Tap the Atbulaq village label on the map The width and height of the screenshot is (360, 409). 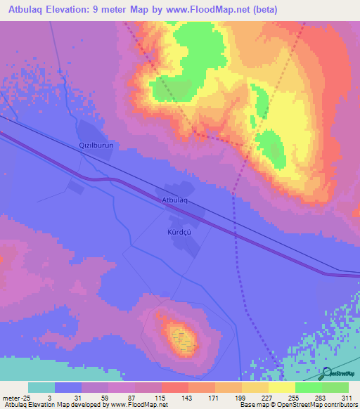click(175, 201)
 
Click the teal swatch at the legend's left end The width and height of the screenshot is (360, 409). click(41, 387)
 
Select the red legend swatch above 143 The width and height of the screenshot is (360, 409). click(175, 387)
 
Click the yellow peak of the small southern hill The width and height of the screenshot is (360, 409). click(182, 339)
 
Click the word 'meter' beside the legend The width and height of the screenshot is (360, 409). click(11, 397)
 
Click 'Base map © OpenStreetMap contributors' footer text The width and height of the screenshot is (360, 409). click(296, 405)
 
